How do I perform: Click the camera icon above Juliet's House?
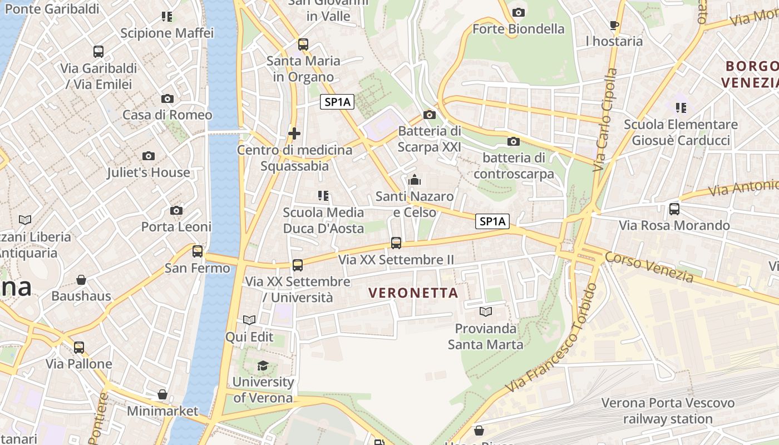click(148, 156)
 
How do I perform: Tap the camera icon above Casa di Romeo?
click(167, 98)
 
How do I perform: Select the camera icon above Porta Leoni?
click(176, 210)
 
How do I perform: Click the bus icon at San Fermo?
click(198, 251)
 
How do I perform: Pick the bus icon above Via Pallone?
click(79, 347)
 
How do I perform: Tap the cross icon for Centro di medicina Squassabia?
click(294, 133)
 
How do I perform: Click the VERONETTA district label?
click(413, 293)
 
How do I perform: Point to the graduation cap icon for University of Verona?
click(263, 365)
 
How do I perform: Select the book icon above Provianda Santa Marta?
click(486, 311)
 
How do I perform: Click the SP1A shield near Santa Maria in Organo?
click(338, 102)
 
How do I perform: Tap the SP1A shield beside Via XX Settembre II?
click(493, 221)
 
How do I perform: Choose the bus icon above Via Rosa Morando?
click(674, 209)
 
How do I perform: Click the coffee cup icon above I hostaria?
click(614, 25)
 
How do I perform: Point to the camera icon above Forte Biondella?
click(519, 12)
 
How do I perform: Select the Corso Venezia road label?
click(649, 267)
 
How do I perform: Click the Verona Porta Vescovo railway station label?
click(668, 411)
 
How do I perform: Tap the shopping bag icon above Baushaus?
click(81, 279)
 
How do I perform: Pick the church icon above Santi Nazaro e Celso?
click(415, 180)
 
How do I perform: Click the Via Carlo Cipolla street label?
click(605, 120)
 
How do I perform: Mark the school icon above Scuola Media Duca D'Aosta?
click(323, 195)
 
